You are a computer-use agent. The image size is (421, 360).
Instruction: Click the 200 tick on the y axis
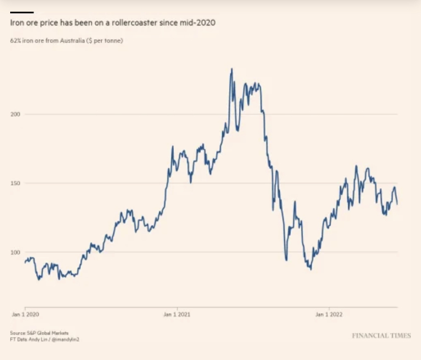point(15,114)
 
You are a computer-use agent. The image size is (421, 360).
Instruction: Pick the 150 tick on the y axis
point(15,183)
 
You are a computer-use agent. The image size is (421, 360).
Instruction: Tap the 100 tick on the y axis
point(15,252)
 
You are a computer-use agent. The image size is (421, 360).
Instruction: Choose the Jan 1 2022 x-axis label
point(329,315)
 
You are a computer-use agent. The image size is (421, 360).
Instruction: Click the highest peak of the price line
point(231,69)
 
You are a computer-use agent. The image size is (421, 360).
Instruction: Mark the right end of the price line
point(397,204)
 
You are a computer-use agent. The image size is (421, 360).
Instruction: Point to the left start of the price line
point(24,262)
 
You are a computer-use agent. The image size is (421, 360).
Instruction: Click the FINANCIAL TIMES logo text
point(381,336)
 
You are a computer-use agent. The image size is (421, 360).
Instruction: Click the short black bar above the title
point(21,12)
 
